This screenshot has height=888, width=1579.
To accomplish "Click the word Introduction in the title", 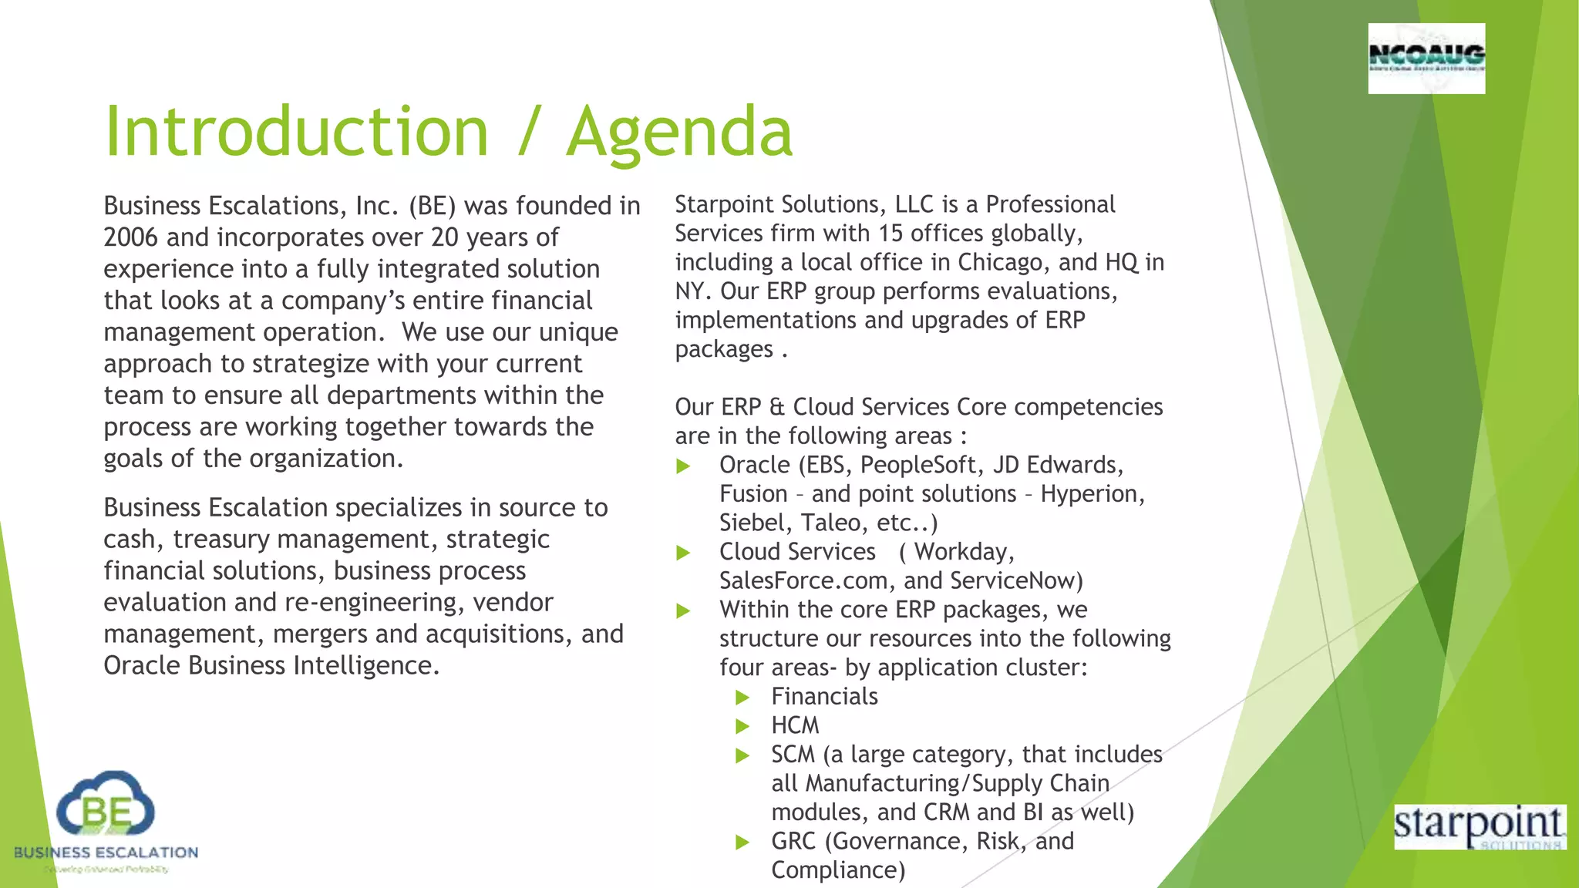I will (x=297, y=132).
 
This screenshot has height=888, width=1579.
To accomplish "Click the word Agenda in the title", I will (x=679, y=132).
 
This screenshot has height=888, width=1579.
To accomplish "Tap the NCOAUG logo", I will (x=1426, y=58).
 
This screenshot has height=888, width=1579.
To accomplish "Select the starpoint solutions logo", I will (x=1480, y=826).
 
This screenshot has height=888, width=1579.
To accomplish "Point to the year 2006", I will (x=131, y=237).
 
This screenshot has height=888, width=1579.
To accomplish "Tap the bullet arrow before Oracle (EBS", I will (x=683, y=466).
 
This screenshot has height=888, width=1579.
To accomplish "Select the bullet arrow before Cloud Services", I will (x=683, y=553).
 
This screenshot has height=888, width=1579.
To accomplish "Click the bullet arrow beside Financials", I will (x=742, y=698).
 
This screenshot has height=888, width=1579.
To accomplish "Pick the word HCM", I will (x=795, y=726).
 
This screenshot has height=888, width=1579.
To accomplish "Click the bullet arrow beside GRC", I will (x=742, y=842).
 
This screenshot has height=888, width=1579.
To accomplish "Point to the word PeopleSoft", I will (x=918, y=466).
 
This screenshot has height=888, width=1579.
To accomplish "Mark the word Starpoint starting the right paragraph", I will (x=724, y=205).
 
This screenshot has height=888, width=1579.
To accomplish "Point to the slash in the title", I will (x=528, y=132).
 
